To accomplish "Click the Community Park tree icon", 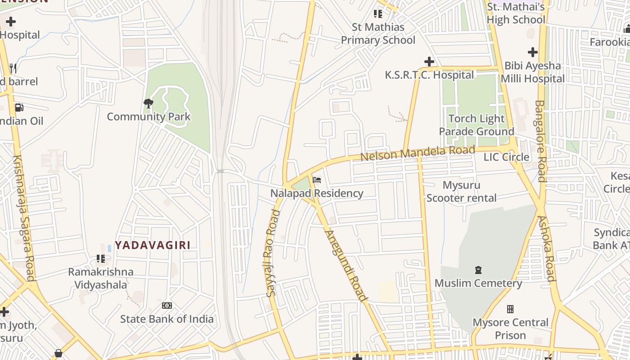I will click(x=148, y=103).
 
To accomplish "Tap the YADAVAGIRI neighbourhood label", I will click(x=152, y=245).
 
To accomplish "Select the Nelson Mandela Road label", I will click(x=418, y=153).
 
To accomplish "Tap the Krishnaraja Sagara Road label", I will click(x=24, y=218).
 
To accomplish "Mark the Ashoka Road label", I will click(x=546, y=248).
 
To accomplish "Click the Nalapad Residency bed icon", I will click(x=317, y=180).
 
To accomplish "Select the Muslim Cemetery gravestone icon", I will click(x=478, y=270).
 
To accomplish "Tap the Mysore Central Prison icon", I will click(x=510, y=309).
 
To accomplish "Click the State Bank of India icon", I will click(x=166, y=306).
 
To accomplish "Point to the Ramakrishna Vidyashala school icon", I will click(x=101, y=259).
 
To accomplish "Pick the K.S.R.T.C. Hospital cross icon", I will click(x=429, y=61).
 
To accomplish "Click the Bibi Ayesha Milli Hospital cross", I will click(x=533, y=52).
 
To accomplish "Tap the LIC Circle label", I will click(x=506, y=157).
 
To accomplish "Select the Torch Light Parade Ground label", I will click(x=476, y=125).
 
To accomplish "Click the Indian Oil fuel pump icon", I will click(x=19, y=107).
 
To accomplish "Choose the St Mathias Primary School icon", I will click(x=378, y=14).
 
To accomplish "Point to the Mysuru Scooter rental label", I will click(x=461, y=191).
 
